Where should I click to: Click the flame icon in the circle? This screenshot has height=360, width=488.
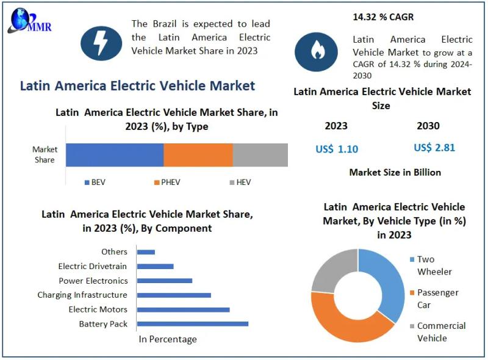pos(316,51)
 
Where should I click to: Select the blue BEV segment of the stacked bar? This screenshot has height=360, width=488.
pos(115,155)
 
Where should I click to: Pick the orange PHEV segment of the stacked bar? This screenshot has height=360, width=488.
pos(198,155)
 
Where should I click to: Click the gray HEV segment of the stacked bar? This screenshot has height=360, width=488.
pos(260,155)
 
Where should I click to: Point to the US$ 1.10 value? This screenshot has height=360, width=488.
pos(337,149)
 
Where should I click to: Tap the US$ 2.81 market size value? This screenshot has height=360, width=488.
pos(434,148)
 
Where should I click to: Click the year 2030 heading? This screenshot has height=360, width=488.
pos(428,126)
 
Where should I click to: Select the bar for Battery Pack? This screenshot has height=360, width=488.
pos(193,323)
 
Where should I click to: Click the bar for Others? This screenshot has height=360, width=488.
pos(146,251)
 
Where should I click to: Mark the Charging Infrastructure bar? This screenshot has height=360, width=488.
pos(174,295)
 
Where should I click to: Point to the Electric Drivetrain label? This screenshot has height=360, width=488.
pos(93,266)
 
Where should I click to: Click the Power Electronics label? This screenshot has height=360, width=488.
pos(93,281)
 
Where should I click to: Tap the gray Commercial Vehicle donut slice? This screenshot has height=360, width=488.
pos(333,269)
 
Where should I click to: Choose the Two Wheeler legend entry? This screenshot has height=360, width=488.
pos(434,265)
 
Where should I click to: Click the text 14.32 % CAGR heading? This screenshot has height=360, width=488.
pos(383,17)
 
